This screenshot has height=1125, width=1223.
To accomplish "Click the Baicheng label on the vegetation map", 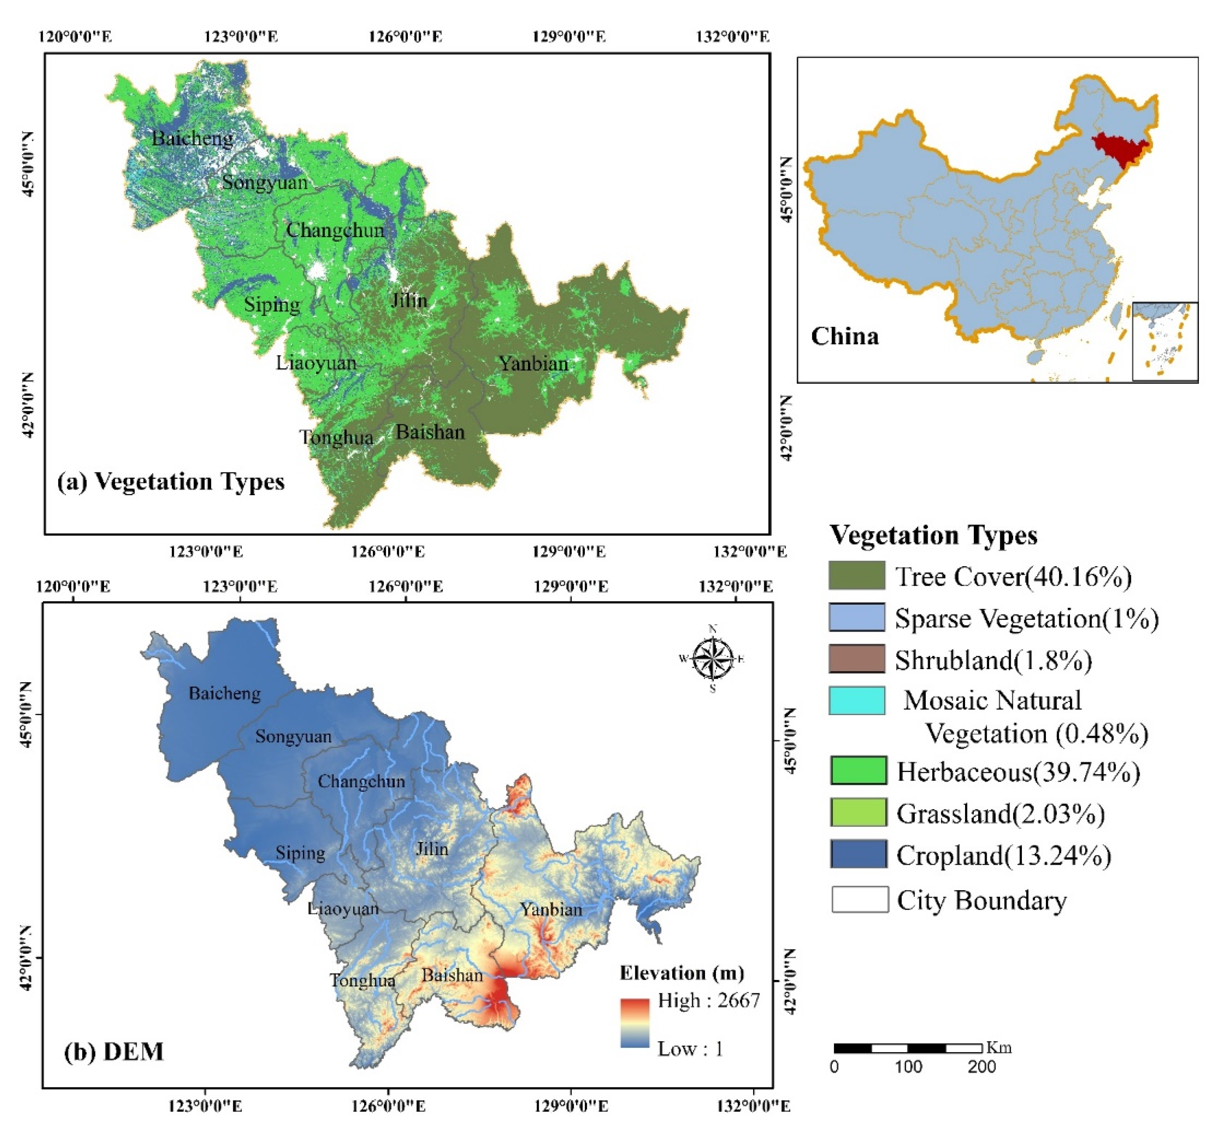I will [192, 139].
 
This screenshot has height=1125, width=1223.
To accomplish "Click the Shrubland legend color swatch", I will [856, 659].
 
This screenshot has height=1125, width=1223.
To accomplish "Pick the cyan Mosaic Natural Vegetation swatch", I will [856, 700].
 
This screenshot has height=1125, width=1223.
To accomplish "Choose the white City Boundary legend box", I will [860, 899].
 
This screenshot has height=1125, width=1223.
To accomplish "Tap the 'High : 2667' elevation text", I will [709, 1000].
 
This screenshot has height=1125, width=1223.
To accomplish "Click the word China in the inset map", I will [844, 337].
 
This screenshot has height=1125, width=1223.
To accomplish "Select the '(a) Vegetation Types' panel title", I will [171, 482].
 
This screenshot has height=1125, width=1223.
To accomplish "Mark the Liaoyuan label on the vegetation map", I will [316, 363].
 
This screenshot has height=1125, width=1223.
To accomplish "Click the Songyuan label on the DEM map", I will [293, 737].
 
